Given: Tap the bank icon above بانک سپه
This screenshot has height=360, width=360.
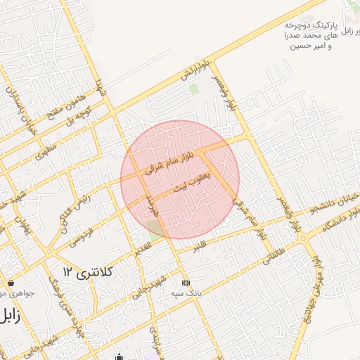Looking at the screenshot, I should click(x=186, y=282).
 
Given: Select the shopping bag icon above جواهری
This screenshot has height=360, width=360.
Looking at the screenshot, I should click(x=11, y=283).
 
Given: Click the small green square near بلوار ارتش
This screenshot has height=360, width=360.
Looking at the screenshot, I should click(x=193, y=89).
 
